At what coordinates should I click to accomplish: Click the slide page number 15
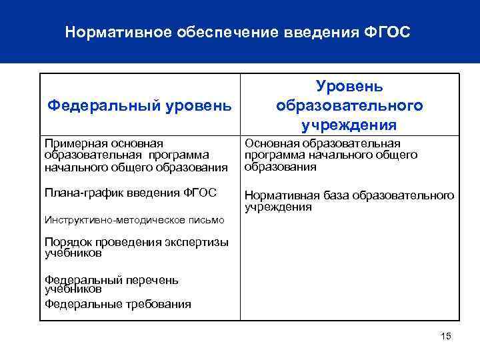point(446,336)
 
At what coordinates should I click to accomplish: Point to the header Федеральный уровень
point(140,105)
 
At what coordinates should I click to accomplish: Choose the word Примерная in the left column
point(71,143)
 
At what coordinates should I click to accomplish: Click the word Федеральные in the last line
point(83,304)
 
